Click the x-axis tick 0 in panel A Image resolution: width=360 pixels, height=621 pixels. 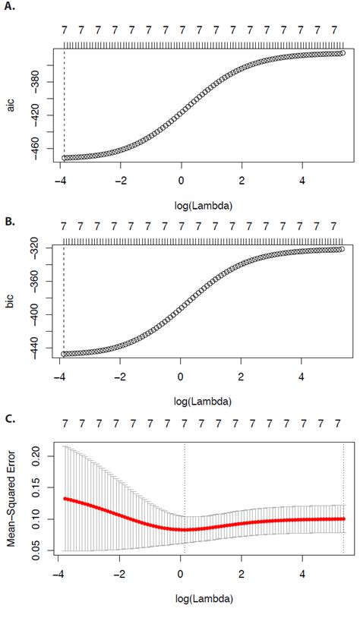[182, 180]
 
